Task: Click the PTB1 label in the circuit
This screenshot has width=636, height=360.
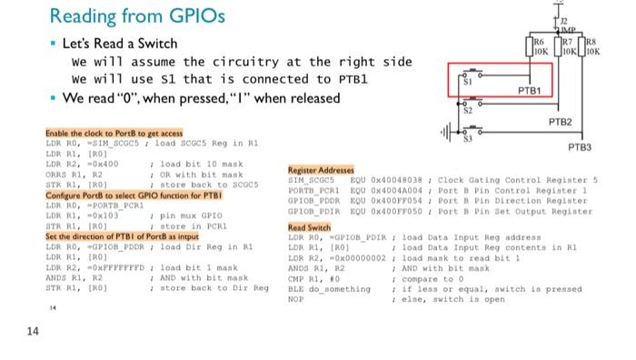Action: click(x=529, y=91)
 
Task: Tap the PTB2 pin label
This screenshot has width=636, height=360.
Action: click(x=560, y=121)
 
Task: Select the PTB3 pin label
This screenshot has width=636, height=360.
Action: click(x=580, y=147)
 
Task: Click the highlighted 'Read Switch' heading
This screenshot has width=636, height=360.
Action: click(x=309, y=227)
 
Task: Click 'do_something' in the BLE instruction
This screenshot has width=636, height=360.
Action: click(x=341, y=288)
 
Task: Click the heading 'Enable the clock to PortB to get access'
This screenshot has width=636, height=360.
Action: click(x=114, y=133)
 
